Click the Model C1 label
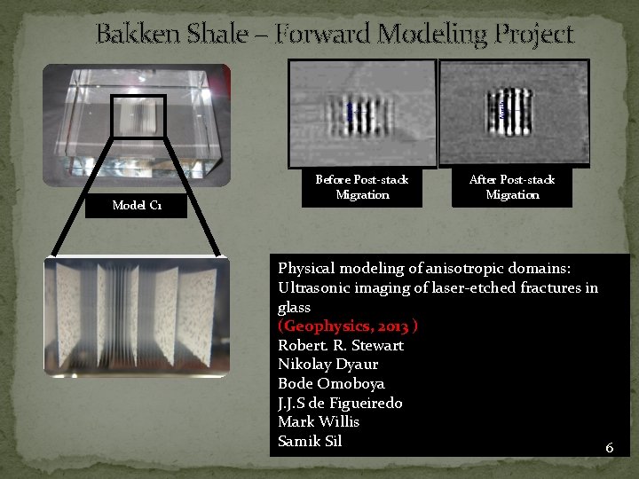(x=137, y=206)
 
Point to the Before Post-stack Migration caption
(x=361, y=187)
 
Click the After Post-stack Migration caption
(x=512, y=187)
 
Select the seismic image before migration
(x=362, y=113)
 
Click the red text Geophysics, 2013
(x=348, y=326)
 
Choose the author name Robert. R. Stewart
(x=340, y=345)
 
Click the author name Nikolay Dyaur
(x=327, y=365)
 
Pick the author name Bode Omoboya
(x=331, y=384)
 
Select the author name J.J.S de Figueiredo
(x=340, y=403)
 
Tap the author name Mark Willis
(x=319, y=422)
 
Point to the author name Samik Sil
(x=310, y=442)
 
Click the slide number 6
(x=609, y=448)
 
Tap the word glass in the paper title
(x=294, y=307)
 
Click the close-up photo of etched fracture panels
(x=137, y=317)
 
